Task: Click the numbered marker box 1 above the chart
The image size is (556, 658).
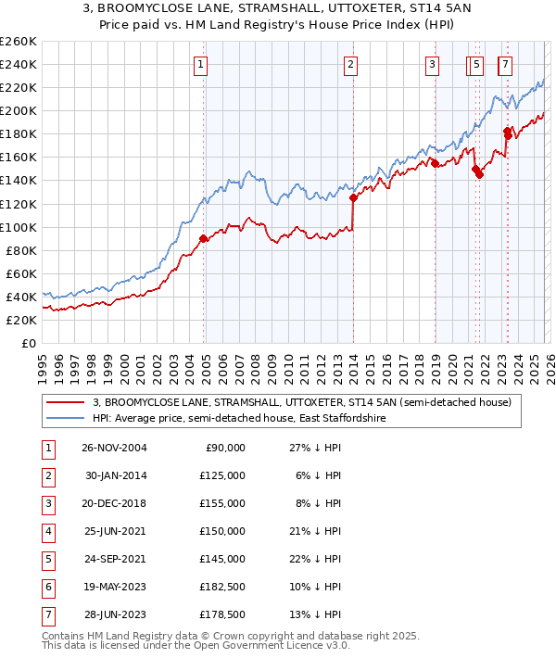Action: (x=200, y=64)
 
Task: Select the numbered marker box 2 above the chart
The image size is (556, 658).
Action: (x=351, y=64)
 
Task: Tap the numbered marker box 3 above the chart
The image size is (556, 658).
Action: (x=432, y=64)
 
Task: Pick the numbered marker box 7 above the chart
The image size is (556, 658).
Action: (x=504, y=64)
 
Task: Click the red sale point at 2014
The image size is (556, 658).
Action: (x=353, y=197)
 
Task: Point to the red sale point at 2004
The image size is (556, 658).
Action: (x=203, y=238)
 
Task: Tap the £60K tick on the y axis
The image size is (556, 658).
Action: (x=21, y=273)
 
